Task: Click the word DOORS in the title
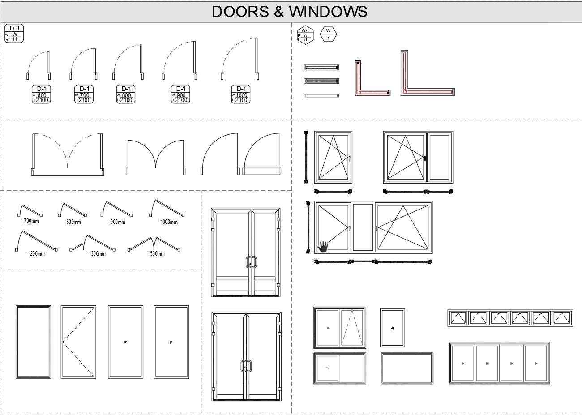click(x=241, y=12)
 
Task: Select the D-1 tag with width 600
click(x=41, y=94)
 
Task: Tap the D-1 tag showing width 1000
click(x=241, y=94)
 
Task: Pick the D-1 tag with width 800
click(x=126, y=94)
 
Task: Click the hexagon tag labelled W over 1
click(x=328, y=34)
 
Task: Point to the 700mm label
click(x=31, y=221)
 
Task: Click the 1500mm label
click(x=156, y=254)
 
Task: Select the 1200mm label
click(x=36, y=254)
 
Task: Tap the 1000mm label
click(x=169, y=222)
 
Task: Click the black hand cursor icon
click(x=323, y=246)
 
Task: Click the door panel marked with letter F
click(x=171, y=342)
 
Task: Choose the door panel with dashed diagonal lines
click(x=78, y=342)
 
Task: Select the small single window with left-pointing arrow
click(x=393, y=328)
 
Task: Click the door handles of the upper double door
click(x=251, y=262)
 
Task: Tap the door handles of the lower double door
click(x=246, y=366)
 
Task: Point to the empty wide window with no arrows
click(x=407, y=368)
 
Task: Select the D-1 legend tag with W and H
click(x=14, y=34)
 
